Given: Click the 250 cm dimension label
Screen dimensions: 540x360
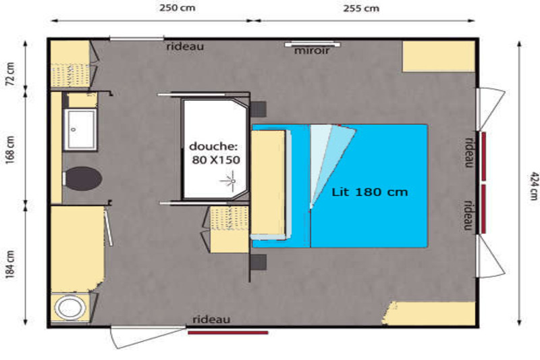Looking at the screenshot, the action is pos(177,7).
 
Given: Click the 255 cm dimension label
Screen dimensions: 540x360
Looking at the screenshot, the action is pos(361,8).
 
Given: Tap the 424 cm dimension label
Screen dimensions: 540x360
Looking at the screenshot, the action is pos(533,186).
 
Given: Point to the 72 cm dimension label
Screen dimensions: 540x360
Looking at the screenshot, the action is pos(10,74).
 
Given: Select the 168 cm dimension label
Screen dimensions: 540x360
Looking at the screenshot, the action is pos(10,150).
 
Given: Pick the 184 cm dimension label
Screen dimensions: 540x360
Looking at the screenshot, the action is pos(10,264).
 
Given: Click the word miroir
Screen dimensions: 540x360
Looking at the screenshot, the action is pos(312,51).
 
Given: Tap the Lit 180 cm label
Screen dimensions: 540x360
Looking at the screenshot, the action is pos(369,192).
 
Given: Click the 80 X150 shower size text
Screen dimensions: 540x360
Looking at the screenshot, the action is pos(216,160).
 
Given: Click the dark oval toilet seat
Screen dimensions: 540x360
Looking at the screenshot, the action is pos(84,178).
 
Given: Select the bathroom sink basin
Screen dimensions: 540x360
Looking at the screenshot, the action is pos(80,130).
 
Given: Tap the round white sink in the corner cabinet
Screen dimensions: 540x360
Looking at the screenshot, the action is pos(70,307).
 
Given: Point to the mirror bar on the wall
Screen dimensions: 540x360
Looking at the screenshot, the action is pos(313,44).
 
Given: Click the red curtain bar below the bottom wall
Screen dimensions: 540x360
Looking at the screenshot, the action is pos(227,332).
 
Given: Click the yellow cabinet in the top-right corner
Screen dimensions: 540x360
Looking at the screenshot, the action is pos(439,57).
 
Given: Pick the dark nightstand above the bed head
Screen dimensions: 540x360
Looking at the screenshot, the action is pos(259,109).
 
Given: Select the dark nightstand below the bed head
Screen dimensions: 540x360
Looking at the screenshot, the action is pos(259,263).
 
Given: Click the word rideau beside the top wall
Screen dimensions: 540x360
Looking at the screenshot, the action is pos(185,46).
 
